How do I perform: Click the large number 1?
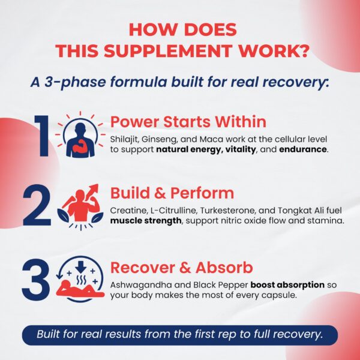coord(43,136)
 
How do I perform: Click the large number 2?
coord(37,205)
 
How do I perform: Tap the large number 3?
coord(36,280)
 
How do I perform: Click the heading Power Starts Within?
coord(188,121)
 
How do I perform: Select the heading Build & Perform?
coord(172,193)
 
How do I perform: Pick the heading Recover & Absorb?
coord(182,268)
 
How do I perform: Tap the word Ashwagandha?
coord(141,285)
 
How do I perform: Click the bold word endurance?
coord(303,149)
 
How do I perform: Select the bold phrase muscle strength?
coord(146,221)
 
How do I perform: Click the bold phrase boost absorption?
coord(287,285)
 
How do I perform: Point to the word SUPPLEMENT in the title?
coord(167,50)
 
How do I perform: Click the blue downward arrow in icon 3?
coord(80,266)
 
